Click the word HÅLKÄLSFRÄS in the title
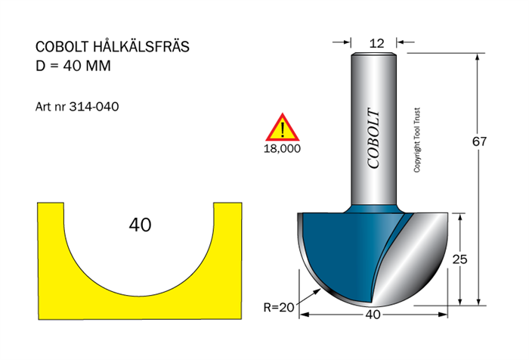pyautogui.click(x=141, y=46)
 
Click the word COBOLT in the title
pyautogui.click(x=62, y=47)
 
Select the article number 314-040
pyautogui.click(x=94, y=107)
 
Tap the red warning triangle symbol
pyautogui.click(x=283, y=127)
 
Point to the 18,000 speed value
pyautogui.click(x=282, y=148)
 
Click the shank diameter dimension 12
pyautogui.click(x=376, y=43)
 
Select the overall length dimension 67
pyautogui.click(x=479, y=141)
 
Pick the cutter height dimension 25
pyautogui.click(x=459, y=259)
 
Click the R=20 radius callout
pyautogui.click(x=279, y=308)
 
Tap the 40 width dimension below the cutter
pyautogui.click(x=373, y=315)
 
